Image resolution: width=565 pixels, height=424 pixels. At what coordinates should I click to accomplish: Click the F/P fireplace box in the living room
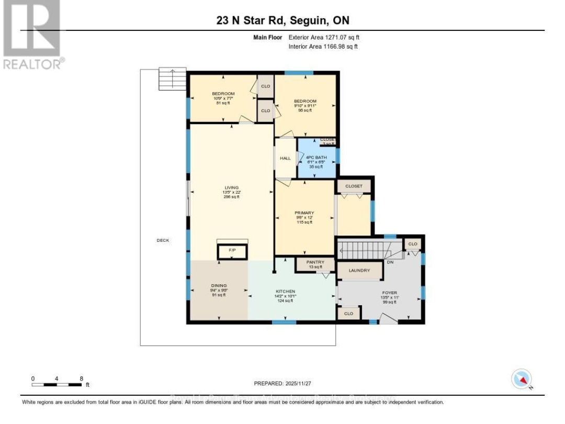(232, 251)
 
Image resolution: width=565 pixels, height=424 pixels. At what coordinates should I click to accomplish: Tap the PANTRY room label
(315, 262)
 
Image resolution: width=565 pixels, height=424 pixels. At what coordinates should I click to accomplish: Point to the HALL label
(285, 158)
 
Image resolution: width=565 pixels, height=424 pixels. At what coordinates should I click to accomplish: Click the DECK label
(163, 240)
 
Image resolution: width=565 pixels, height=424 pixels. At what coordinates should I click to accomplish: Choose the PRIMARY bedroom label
(304, 213)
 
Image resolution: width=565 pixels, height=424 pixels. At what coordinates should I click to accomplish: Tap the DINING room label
(219, 286)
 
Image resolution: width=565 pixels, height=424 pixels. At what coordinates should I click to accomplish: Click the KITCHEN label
(286, 292)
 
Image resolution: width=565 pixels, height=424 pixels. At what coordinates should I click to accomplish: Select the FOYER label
(389, 293)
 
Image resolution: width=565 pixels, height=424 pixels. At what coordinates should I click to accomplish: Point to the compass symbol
(521, 379)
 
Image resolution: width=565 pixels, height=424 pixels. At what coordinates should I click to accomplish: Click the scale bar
(56, 384)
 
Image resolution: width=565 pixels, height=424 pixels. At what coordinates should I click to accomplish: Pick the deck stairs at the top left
(173, 79)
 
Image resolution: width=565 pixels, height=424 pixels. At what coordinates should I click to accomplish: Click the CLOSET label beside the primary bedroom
(354, 186)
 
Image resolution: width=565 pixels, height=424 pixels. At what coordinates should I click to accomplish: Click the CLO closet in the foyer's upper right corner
(413, 244)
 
